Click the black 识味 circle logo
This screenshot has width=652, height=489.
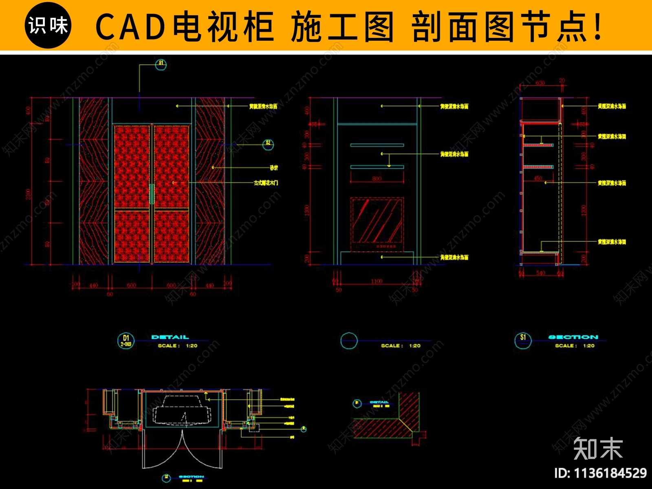[48, 25]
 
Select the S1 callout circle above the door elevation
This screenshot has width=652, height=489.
[161, 64]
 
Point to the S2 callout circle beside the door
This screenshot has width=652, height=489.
[268, 144]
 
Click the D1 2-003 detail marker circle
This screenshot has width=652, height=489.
[126, 341]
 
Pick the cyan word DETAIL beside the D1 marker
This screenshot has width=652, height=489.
[170, 337]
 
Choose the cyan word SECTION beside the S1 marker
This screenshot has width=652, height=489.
[573, 337]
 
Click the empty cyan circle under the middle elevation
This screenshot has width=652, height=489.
[349, 341]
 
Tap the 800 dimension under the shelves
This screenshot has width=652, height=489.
[377, 179]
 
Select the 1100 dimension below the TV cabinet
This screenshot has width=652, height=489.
[377, 281]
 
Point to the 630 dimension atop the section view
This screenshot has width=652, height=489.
[540, 83]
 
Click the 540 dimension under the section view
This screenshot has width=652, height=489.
[540, 273]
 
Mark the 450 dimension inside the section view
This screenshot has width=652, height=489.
[538, 178]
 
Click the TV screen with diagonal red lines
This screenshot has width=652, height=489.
[377, 220]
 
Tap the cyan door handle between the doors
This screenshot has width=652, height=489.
[152, 194]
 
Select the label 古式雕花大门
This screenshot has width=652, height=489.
[266, 183]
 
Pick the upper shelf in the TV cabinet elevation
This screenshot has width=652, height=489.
[377, 145]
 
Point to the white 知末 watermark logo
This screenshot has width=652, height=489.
[598, 449]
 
